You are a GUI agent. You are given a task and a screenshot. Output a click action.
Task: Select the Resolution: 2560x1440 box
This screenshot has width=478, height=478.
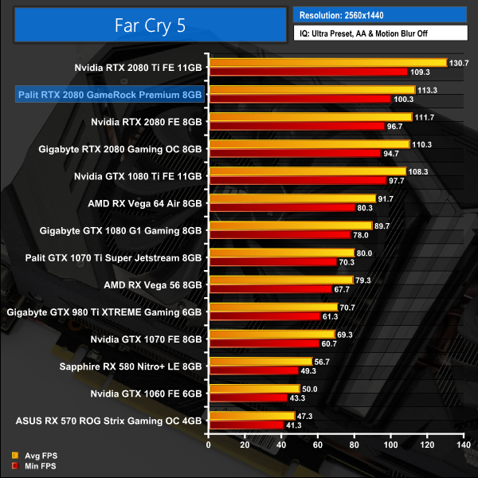point(379,14)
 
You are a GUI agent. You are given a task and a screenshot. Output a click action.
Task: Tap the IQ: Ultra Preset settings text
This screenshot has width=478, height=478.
point(379,33)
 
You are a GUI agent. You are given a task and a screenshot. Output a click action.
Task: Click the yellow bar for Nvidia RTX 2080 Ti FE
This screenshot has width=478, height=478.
point(327,63)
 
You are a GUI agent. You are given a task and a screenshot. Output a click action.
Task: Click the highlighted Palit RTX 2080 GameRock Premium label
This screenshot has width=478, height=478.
point(110,95)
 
